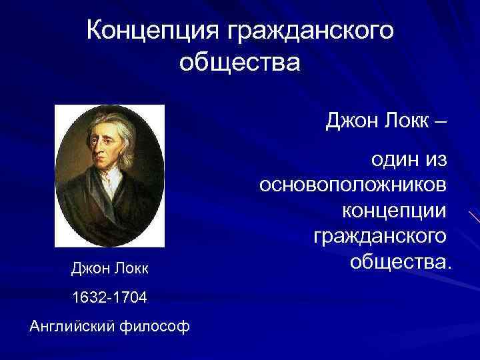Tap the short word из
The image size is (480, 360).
[x=438, y=159]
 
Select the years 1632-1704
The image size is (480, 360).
[x=110, y=297]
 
